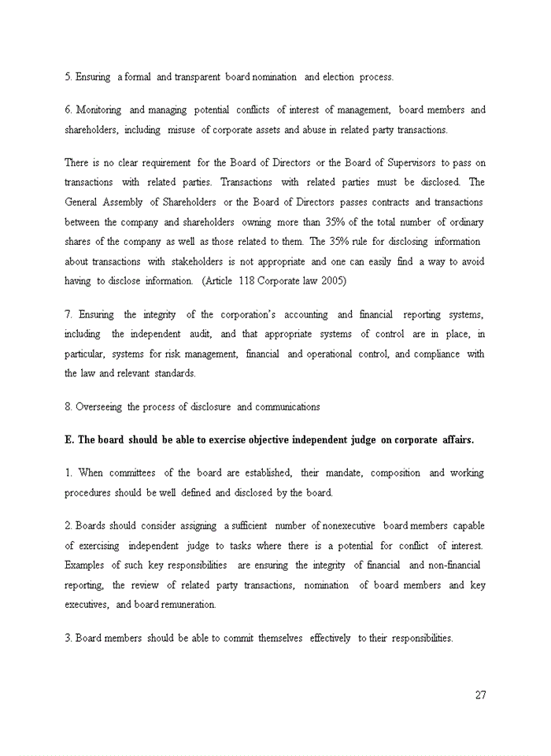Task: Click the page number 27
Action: [480, 695]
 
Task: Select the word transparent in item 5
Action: [197, 77]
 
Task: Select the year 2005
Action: [334, 280]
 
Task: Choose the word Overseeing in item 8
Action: [99, 406]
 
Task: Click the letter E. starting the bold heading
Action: [68, 439]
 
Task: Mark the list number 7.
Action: [68, 314]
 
